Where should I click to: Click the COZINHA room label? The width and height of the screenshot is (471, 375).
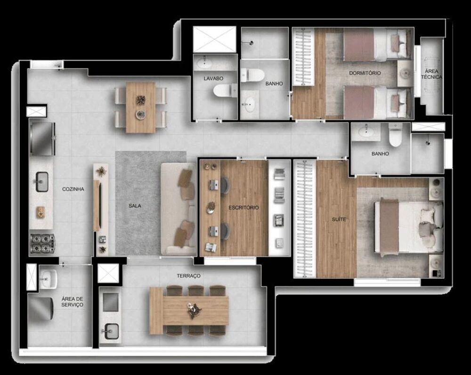pos(73,189)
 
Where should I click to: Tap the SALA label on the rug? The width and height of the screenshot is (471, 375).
pos(136,206)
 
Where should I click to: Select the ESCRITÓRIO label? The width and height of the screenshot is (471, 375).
pos(244,208)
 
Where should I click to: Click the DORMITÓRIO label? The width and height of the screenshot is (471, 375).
pos(365,73)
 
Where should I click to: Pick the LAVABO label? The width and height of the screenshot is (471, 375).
pos(213,78)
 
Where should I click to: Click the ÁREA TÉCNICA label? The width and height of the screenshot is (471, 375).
pos(431,74)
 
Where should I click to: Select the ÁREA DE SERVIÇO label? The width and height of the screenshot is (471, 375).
pos(72,302)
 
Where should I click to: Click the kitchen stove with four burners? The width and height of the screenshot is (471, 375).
pos(42,243)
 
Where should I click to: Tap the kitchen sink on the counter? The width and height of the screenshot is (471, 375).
pos(41,181)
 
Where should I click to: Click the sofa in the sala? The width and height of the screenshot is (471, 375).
pos(179,209)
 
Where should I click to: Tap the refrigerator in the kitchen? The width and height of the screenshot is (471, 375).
pos(42,139)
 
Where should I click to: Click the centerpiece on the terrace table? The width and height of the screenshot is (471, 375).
pos(194,311)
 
